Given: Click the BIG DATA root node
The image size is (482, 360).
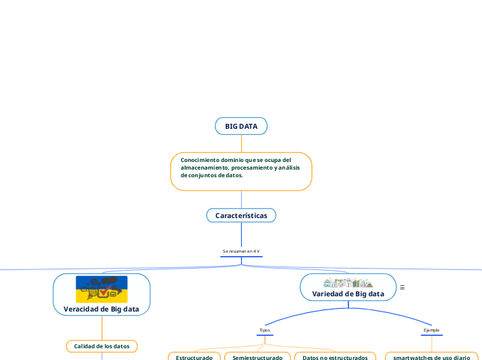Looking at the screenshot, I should [241, 126].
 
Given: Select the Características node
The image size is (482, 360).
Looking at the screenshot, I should [241, 215].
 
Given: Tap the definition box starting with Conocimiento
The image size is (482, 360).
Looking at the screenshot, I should [241, 171].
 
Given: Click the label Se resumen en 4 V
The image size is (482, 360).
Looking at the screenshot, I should [241, 251].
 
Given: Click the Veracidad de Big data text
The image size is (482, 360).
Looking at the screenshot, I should [102, 309].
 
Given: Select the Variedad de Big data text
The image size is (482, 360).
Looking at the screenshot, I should [348, 294].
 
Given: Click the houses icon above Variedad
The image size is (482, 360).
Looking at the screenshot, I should [348, 282].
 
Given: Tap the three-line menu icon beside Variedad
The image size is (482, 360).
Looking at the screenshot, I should [402, 287].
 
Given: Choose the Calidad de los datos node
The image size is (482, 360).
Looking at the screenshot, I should [102, 345].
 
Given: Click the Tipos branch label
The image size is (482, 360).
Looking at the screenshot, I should [265, 330].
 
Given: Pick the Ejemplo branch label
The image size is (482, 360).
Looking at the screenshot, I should [431, 330].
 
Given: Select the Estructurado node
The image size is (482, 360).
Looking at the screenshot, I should [194, 357].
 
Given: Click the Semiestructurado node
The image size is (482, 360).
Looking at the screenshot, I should [257, 357].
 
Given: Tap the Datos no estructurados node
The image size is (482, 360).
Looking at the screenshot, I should [335, 357].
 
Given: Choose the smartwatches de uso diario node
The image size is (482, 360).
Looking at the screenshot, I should [431, 357].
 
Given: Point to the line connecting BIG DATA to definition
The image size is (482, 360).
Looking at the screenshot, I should [241, 143].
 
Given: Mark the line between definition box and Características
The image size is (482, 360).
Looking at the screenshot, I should [241, 199].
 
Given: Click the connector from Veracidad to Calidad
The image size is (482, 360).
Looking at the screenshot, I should [102, 327].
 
